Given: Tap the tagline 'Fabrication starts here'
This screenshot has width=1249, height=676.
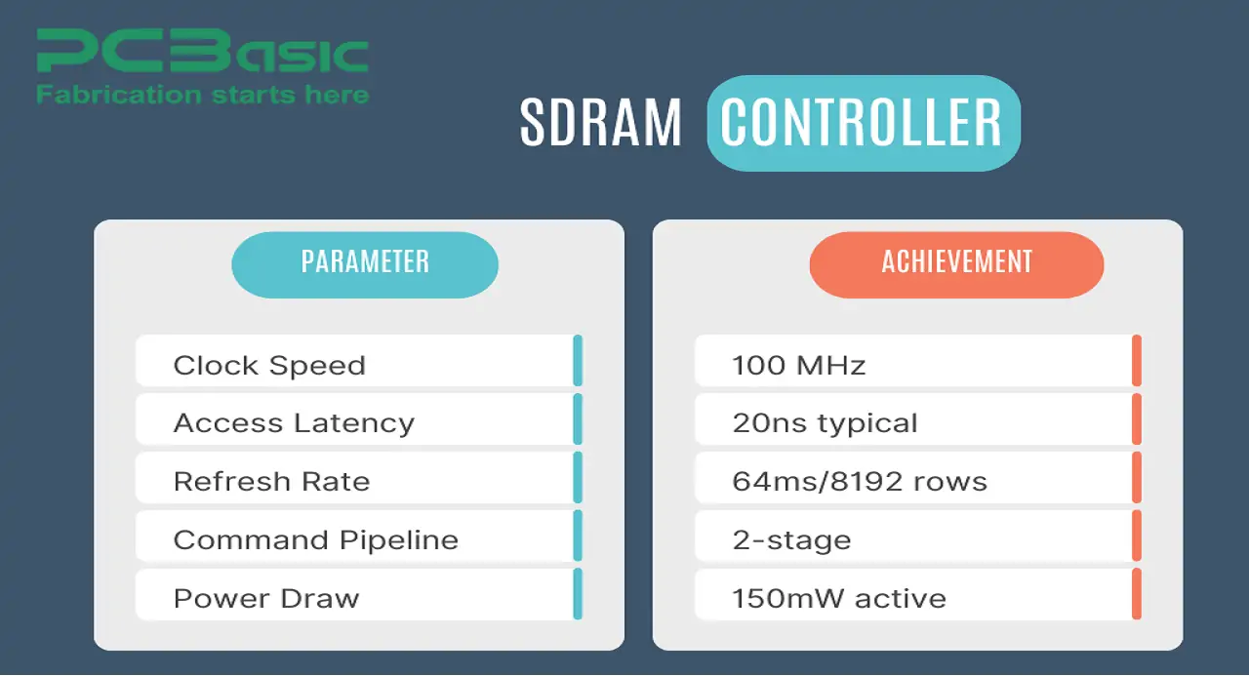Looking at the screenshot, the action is (x=202, y=95).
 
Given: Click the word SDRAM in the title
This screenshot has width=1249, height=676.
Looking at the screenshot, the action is (x=600, y=123).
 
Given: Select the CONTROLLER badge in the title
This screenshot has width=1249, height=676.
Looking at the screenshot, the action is (x=864, y=123).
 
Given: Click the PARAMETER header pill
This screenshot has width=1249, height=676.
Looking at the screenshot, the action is (x=365, y=264).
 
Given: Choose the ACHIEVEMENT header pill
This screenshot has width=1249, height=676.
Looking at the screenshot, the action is (x=956, y=264).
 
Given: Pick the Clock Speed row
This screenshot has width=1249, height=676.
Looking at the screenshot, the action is (x=359, y=361).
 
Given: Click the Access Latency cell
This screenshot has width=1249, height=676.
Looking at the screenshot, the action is (x=359, y=419).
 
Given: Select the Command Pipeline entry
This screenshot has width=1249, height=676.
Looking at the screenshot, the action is (x=359, y=536).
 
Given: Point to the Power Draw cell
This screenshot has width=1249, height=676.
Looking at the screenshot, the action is (x=359, y=594).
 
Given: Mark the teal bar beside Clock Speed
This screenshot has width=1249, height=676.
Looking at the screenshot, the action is (x=578, y=361).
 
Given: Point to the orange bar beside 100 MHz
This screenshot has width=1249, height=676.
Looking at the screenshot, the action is (x=1137, y=361).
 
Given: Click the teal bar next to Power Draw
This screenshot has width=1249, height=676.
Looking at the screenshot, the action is (x=578, y=594).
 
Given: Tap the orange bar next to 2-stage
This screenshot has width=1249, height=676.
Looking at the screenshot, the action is (x=1137, y=536).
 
